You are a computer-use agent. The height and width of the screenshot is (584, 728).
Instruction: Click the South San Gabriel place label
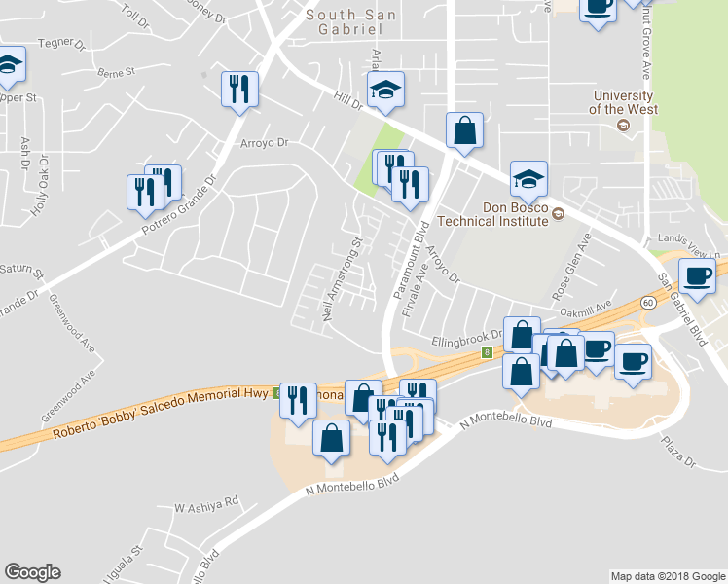(351, 21)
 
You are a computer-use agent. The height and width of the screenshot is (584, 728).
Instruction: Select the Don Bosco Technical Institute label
(515, 214)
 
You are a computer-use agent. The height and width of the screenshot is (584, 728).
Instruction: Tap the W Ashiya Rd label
(206, 504)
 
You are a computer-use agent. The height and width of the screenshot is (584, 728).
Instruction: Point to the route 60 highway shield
(647, 303)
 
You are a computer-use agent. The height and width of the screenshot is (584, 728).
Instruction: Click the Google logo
(32, 572)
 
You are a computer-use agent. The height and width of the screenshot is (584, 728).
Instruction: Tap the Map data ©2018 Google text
(667, 576)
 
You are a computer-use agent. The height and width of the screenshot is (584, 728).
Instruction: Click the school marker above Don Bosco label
(528, 177)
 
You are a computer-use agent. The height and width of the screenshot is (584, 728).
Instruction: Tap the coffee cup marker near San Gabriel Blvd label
(696, 275)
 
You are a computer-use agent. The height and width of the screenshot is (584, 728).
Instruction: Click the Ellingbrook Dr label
(465, 340)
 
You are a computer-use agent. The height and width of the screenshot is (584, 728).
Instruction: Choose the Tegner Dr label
(55, 43)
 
